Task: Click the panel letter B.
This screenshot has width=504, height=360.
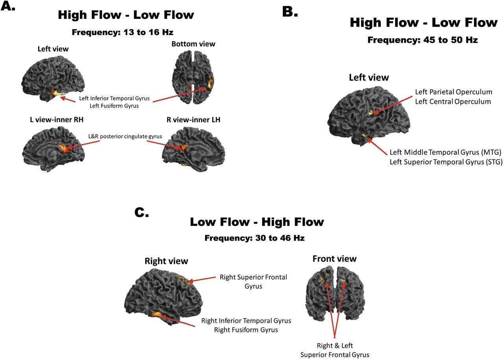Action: (290, 12)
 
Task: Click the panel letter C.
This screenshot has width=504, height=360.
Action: (141, 212)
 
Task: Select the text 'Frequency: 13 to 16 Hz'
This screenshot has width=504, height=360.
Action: (122, 32)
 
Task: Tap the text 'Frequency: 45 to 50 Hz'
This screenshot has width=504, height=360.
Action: (422, 40)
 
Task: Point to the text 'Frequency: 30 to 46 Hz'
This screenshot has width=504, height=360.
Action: (254, 238)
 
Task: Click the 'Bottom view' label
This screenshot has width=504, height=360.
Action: (193, 44)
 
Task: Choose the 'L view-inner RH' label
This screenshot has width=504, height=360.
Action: (57, 120)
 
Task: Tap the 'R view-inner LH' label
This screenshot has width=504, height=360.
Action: (193, 120)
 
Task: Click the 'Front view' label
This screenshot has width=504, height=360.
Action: (335, 258)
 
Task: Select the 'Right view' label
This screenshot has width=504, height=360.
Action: (166, 261)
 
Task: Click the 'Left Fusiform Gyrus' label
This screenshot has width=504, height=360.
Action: (114, 106)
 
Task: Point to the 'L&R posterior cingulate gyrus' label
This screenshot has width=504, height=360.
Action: (125, 136)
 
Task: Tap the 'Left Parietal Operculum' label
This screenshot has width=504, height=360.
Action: (454, 92)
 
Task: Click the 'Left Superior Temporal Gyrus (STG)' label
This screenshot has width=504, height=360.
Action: (446, 162)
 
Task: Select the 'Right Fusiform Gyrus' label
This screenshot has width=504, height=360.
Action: (246, 330)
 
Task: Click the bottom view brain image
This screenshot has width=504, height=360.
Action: (193, 77)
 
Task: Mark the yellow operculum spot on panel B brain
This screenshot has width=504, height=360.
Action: (371, 113)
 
